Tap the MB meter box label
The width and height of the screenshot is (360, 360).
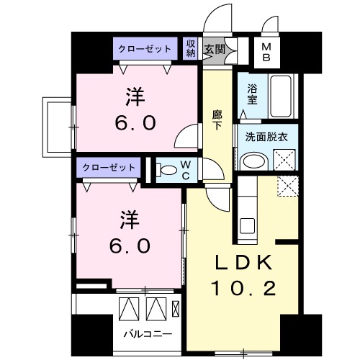tap(266, 51)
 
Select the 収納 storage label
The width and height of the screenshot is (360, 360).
tap(191, 48)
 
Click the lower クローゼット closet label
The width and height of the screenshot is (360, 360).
tap(109, 167)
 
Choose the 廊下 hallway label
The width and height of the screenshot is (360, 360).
tap(217, 118)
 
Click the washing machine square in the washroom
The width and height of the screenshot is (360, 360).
tap(283, 158)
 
